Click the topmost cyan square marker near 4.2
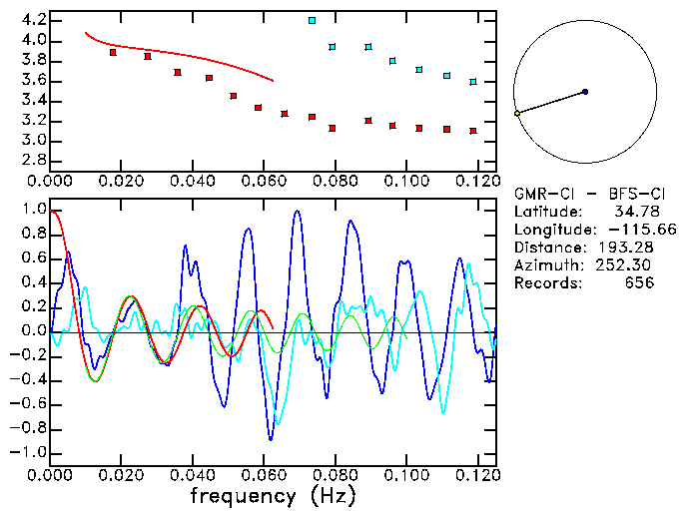click(312, 20)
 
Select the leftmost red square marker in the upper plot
click(113, 52)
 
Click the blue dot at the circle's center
click(585, 92)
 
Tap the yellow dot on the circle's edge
click(517, 114)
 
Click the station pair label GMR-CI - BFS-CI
click(582, 194)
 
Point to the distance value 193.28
click(624, 248)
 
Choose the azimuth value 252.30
click(624, 265)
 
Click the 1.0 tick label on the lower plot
click(33, 211)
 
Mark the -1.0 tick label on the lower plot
click(29, 452)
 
